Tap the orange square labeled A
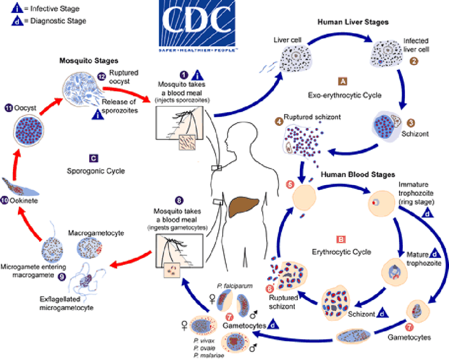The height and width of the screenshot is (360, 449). tap(342, 81)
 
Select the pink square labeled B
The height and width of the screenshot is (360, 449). tap(341, 239)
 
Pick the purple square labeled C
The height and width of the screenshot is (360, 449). tap(94, 158)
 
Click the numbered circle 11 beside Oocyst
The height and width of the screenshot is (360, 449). tap(8, 107)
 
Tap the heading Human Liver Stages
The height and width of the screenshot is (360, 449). tap(353, 22)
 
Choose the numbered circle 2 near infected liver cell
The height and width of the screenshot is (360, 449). tap(414, 61)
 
